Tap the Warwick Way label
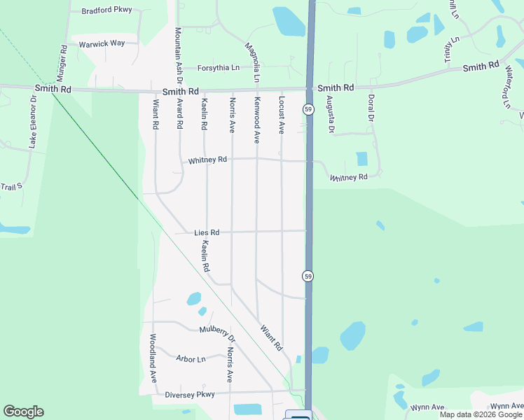102,43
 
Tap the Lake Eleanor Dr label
32,119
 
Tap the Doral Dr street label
371,108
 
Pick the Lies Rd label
207,232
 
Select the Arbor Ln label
191,359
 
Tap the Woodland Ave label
152,357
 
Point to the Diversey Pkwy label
189,394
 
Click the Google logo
23,412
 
